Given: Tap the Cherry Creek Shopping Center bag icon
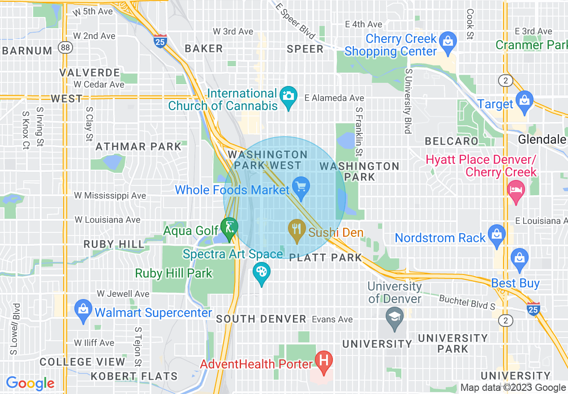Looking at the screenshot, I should pyautogui.click(x=447, y=42).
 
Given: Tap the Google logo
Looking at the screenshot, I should pyautogui.click(x=30, y=383).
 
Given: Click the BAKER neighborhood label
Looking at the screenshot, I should pyautogui.click(x=204, y=49).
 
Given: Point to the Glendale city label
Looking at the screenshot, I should pyautogui.click(x=542, y=140).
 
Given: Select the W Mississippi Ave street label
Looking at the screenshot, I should pyautogui.click(x=110, y=196).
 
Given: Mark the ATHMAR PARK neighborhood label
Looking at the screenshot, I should pyautogui.click(x=138, y=146).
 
